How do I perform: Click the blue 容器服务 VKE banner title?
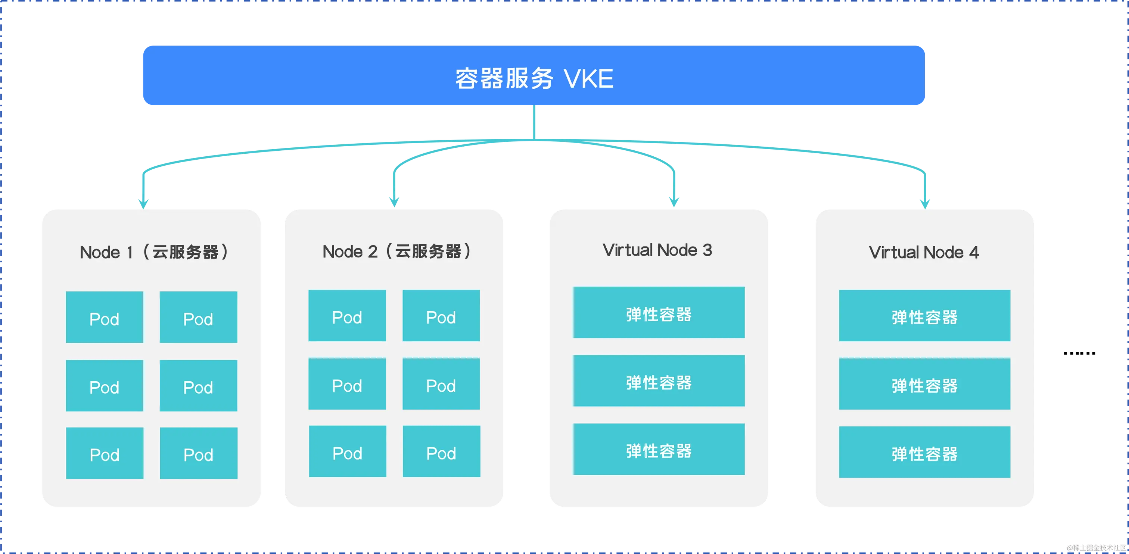click(534, 78)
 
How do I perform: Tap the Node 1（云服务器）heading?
click(154, 252)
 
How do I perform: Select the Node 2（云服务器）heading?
click(396, 251)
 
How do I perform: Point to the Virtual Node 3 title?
click(657, 250)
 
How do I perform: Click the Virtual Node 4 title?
click(923, 252)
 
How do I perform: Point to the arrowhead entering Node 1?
click(144, 201)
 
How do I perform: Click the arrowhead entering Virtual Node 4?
click(924, 201)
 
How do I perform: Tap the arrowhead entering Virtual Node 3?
click(674, 201)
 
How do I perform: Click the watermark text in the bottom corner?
click(1095, 547)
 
